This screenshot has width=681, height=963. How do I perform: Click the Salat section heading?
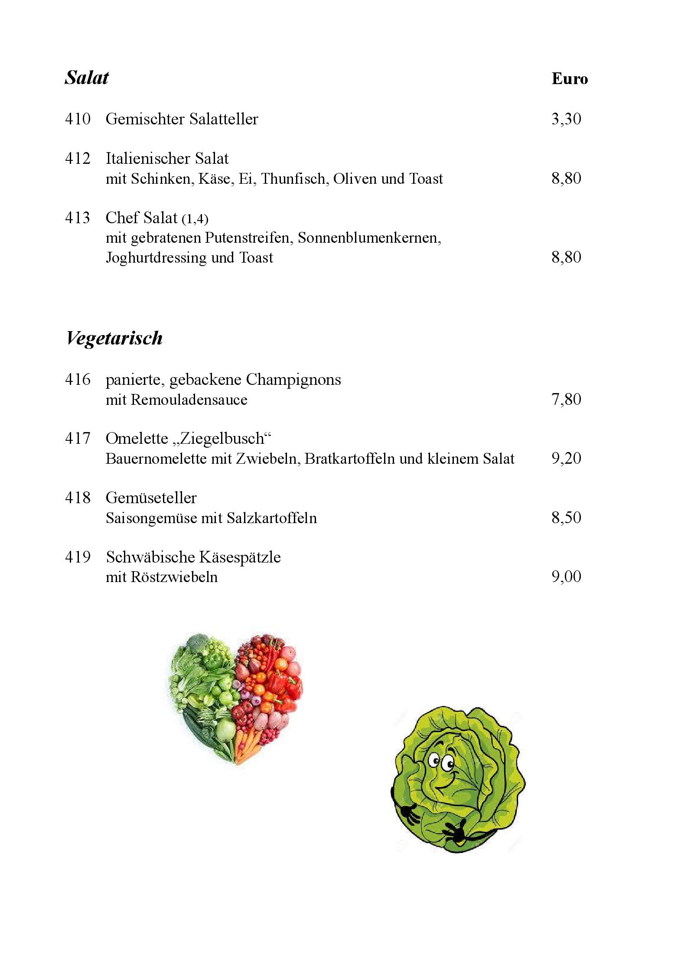[87, 78]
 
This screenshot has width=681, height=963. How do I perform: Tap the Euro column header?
[569, 79]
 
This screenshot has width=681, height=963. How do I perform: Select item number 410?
[78, 119]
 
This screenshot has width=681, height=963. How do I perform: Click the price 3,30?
[566, 119]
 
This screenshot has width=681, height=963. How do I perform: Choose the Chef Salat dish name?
[141, 218]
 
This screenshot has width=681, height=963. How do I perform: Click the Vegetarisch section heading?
[114, 338]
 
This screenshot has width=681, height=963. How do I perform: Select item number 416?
[78, 380]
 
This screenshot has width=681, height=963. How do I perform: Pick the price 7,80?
[566, 399]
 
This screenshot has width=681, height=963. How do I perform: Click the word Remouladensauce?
[189, 400]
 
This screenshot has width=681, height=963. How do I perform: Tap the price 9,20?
[566, 459]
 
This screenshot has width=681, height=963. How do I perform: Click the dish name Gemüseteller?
[151, 498]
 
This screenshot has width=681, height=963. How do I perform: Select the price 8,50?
[566, 517]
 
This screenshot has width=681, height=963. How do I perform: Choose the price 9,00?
[566, 577]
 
